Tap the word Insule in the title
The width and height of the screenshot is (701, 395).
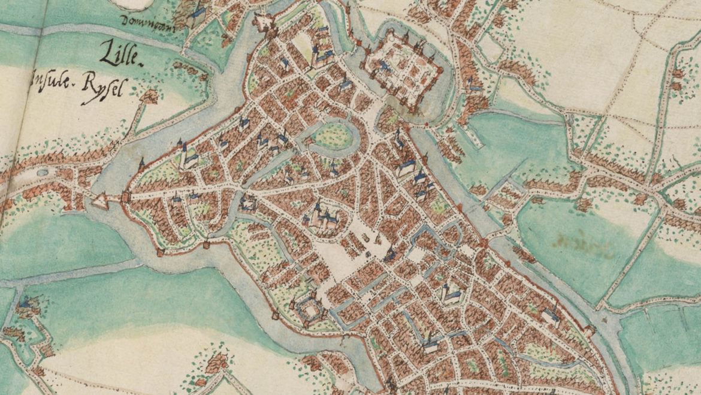(x=48, y=80)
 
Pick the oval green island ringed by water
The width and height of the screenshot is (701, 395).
(x=331, y=135)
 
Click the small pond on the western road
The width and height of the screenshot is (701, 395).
(x=43, y=173)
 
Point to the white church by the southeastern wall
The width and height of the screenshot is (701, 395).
(x=550, y=316)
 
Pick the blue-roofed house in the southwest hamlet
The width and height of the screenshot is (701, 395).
(x=25, y=306)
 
